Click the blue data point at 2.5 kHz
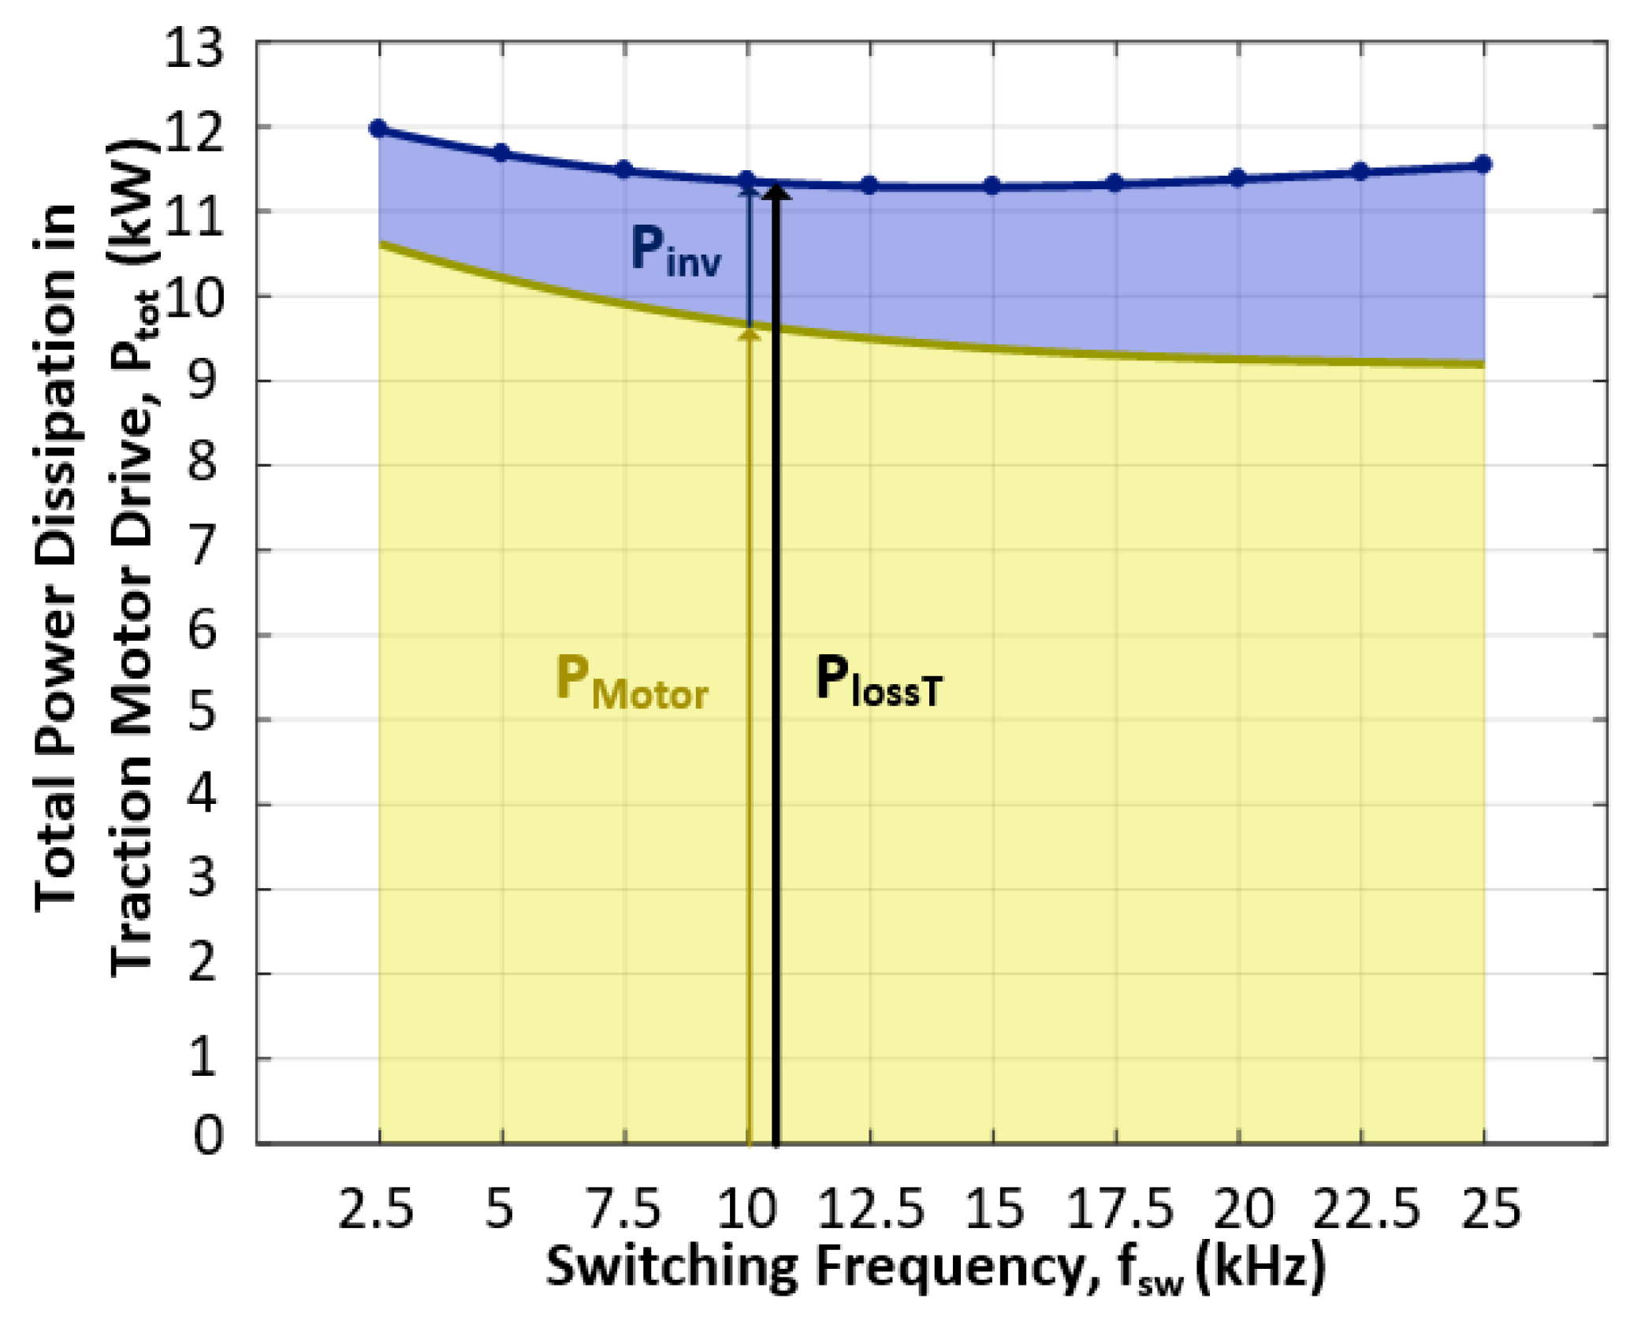[378, 128]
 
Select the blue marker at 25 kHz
[1483, 164]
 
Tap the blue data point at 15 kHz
[992, 186]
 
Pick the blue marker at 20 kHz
[1237, 178]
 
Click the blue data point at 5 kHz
[501, 153]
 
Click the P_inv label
[675, 251]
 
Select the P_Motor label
[631, 683]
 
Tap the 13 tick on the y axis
[193, 49]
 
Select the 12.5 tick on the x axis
[870, 1208]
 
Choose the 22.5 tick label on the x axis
[1365, 1208]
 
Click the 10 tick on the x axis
[746, 1208]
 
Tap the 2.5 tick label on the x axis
[376, 1208]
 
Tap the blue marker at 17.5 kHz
[1115, 184]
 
